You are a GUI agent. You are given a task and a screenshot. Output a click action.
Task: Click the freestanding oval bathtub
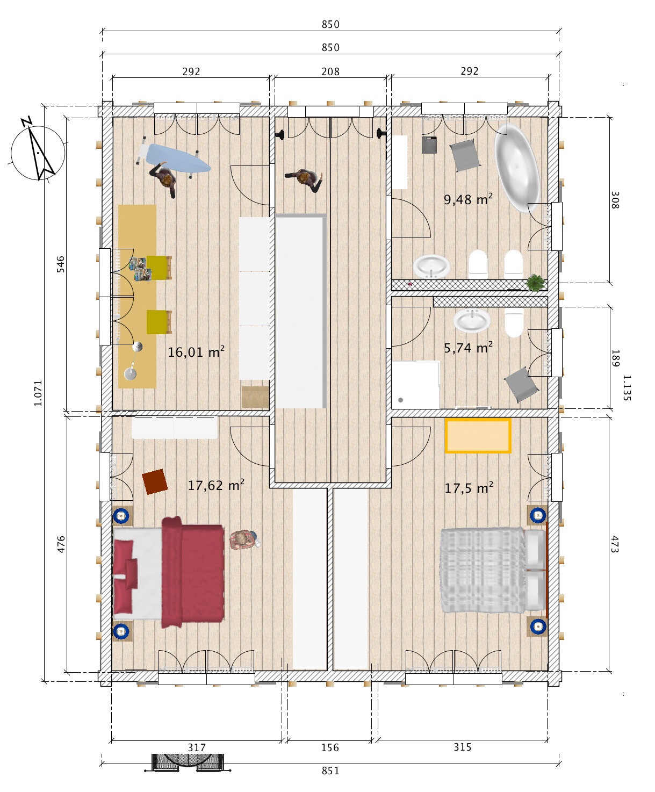[517, 168]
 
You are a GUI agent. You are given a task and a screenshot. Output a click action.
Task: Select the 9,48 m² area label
[469, 199]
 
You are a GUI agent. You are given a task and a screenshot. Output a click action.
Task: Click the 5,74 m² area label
[469, 347]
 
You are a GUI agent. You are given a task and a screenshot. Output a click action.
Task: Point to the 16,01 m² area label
[196, 351]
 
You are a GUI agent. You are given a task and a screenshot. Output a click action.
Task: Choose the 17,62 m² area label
[216, 485]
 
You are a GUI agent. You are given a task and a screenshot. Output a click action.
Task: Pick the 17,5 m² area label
[469, 487]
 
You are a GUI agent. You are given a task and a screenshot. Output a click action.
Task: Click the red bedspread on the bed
[193, 572]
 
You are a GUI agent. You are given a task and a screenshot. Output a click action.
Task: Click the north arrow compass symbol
[38, 152]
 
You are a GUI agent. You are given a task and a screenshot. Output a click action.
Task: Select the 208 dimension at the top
[330, 71]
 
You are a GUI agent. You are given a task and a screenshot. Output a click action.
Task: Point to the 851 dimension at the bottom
[330, 771]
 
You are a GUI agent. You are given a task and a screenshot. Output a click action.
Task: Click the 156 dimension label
[330, 747]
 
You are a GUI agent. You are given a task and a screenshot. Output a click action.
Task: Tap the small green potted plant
[536, 283]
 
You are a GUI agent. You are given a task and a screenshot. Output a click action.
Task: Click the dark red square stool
[155, 482]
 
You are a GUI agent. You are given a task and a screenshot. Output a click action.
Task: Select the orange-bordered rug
[478, 436]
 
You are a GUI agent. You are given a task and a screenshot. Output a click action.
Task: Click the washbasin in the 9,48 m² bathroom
[431, 267]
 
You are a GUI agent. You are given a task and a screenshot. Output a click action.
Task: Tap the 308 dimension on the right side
[615, 200]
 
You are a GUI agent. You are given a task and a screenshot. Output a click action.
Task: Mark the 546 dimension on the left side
[61, 264]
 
